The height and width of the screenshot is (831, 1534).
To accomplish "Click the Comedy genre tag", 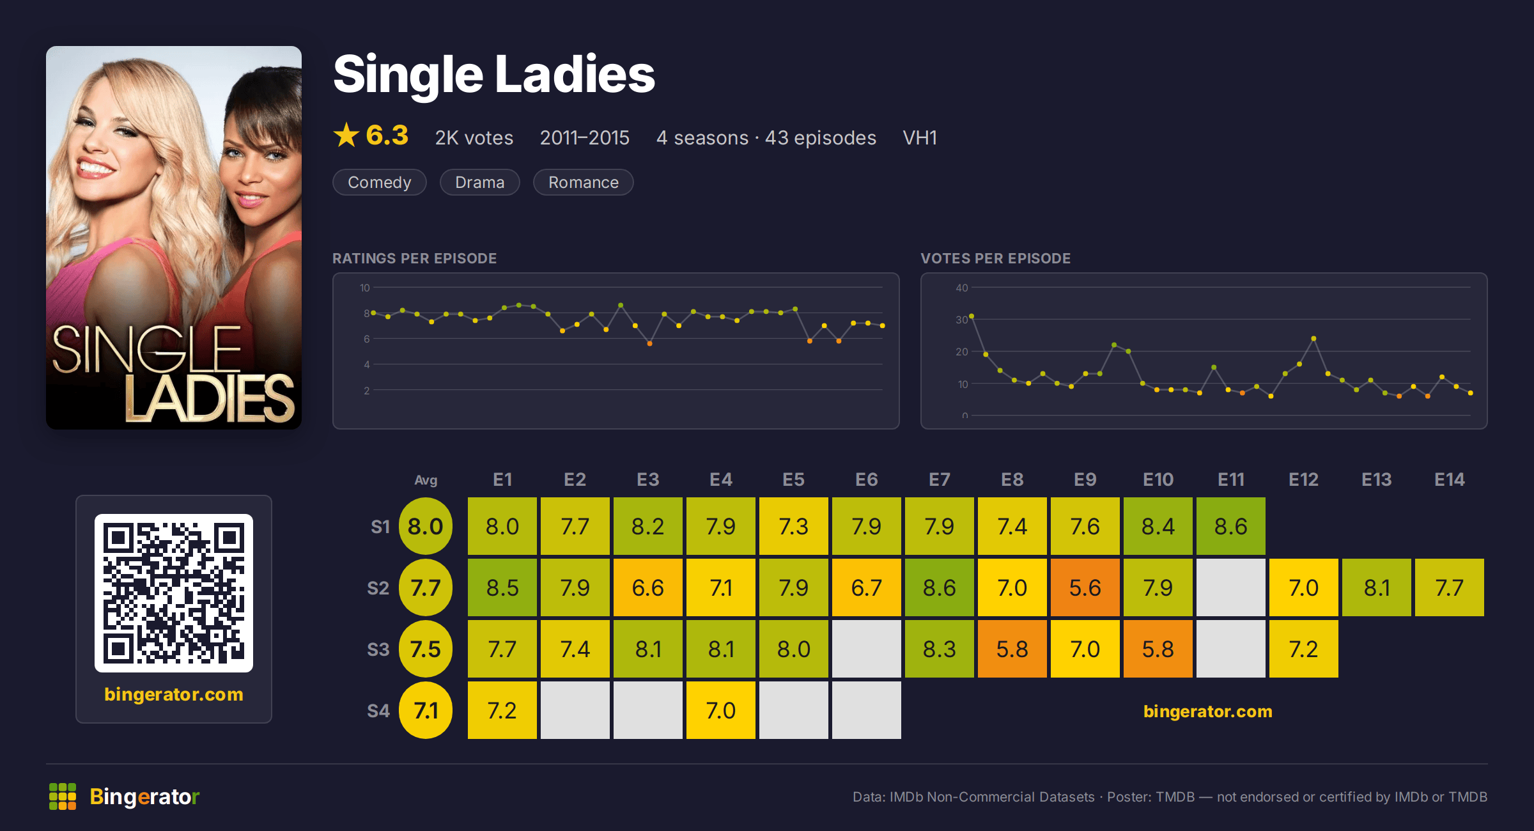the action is pyautogui.click(x=379, y=182).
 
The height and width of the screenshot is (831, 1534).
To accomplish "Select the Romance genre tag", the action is pyautogui.click(x=583, y=182).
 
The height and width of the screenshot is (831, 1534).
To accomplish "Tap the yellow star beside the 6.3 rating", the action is pyautogui.click(x=346, y=135).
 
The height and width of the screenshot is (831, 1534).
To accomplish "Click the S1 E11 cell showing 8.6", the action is pyautogui.click(x=1230, y=526).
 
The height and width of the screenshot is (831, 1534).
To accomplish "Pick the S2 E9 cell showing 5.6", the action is pyautogui.click(x=1085, y=587).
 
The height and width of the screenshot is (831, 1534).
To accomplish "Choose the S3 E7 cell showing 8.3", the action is pyautogui.click(x=939, y=649).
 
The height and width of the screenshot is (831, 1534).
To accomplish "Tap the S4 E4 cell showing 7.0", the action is pyautogui.click(x=720, y=710).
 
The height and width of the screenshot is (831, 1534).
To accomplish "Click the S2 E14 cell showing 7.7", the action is pyautogui.click(x=1449, y=587).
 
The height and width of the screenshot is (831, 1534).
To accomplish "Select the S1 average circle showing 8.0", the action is pyautogui.click(x=425, y=526).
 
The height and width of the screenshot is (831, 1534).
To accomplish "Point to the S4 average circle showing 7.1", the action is pyautogui.click(x=425, y=710).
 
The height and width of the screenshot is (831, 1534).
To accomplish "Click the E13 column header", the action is pyautogui.click(x=1376, y=479).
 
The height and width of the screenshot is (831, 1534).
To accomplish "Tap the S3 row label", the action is pyautogui.click(x=378, y=649).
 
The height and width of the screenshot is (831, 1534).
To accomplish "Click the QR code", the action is pyautogui.click(x=174, y=593).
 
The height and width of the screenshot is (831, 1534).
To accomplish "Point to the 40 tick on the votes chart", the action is pyautogui.click(x=961, y=288).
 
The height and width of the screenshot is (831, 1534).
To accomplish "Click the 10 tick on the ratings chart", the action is pyautogui.click(x=364, y=288).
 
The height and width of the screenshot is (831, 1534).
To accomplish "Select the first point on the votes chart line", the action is pyautogui.click(x=972, y=316).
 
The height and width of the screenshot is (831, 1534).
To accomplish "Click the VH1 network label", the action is pyautogui.click(x=920, y=137).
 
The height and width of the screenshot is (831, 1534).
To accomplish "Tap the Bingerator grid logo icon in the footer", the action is pyautogui.click(x=63, y=796).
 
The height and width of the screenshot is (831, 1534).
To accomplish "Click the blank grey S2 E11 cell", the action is pyautogui.click(x=1230, y=587).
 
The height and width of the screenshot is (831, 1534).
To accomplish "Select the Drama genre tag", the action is pyautogui.click(x=479, y=182).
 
